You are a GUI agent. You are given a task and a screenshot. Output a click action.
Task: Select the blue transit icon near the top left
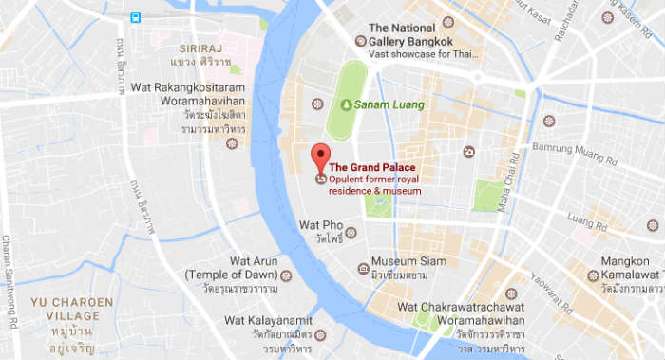[136, 18]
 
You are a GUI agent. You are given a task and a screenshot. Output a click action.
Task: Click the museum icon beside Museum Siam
[362, 269]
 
